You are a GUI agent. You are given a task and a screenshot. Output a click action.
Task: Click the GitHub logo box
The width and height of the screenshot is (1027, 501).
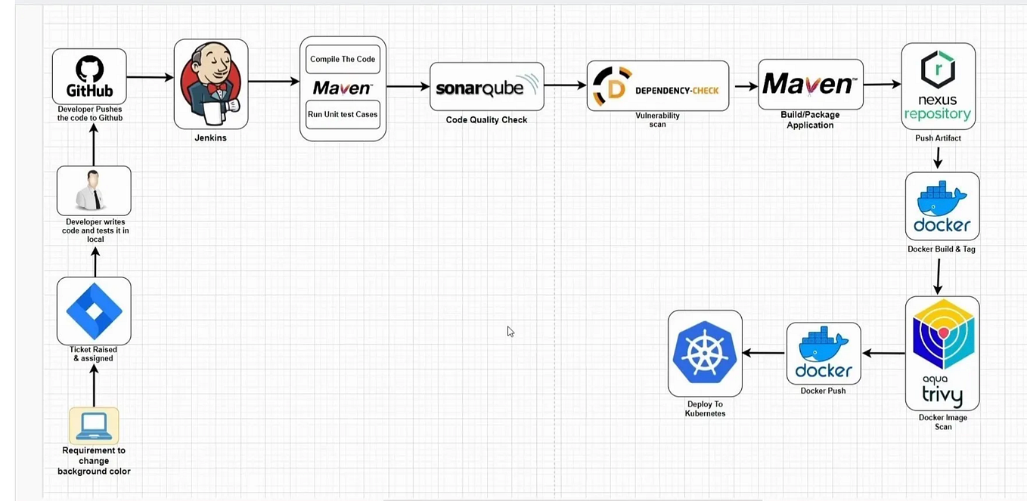click(x=89, y=76)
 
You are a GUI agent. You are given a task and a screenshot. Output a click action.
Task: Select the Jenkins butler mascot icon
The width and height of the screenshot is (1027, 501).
click(x=211, y=83)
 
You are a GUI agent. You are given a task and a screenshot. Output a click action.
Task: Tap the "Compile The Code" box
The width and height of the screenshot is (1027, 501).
click(x=343, y=59)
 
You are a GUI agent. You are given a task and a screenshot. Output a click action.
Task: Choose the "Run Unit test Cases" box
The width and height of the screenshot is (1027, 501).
click(x=343, y=115)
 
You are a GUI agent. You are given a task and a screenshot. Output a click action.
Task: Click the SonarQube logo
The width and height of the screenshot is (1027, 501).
click(x=486, y=87)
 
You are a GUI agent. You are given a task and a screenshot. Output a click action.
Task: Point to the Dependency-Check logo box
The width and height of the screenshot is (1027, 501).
click(x=657, y=86)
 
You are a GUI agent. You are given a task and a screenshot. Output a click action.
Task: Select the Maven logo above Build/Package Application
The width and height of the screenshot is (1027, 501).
click(x=810, y=85)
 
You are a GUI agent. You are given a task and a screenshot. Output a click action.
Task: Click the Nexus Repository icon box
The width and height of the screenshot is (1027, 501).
click(x=938, y=86)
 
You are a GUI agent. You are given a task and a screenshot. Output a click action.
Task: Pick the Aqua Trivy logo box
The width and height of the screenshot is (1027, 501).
click(x=942, y=353)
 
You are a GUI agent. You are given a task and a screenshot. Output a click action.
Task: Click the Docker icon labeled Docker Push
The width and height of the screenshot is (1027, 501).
click(x=824, y=354)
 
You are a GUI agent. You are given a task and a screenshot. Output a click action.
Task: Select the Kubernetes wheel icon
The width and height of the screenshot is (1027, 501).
click(x=705, y=353)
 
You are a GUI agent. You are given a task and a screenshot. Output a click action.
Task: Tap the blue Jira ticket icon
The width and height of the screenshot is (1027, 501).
click(x=94, y=311)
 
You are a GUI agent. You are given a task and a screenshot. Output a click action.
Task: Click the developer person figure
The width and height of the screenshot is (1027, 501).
click(x=94, y=190)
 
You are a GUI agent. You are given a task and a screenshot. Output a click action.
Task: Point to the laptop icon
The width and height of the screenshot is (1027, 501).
click(x=94, y=425)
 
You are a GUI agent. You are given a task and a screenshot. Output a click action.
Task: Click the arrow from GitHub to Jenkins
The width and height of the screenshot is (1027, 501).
click(x=150, y=77)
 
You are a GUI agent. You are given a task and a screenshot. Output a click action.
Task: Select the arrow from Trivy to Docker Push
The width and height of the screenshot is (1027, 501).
click(x=883, y=353)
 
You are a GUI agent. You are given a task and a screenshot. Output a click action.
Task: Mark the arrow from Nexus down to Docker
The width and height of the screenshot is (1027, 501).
click(x=938, y=158)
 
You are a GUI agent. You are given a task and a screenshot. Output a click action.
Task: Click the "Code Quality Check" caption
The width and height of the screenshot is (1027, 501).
click(x=486, y=120)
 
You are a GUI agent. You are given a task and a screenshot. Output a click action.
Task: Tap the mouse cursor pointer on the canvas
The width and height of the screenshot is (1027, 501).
click(x=510, y=331)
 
